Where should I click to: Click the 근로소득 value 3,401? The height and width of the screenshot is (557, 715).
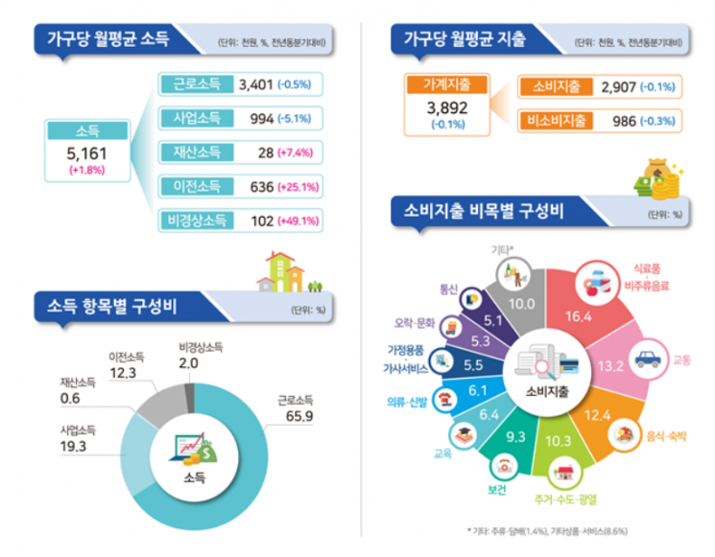(256, 84)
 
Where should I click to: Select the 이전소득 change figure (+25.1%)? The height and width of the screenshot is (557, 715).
(298, 187)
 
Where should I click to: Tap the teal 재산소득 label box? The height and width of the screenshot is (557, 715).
(197, 152)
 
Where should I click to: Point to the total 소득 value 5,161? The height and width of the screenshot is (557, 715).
(86, 153)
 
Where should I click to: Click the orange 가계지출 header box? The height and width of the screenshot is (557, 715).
(447, 84)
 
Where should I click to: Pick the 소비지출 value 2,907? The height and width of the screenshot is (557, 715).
(618, 86)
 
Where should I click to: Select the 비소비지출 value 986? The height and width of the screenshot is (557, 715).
(624, 121)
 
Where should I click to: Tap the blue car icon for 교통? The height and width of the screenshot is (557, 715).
(648, 360)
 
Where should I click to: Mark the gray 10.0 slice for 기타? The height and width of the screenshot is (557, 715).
(520, 301)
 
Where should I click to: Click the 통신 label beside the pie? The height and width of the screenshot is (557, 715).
(448, 290)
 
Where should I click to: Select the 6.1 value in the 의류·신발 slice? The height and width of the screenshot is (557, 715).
(477, 390)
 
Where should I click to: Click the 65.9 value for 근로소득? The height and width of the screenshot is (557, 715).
(299, 416)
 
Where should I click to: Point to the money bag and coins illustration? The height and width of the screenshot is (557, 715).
(658, 179)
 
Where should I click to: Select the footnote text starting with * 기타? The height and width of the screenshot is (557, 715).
(547, 531)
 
